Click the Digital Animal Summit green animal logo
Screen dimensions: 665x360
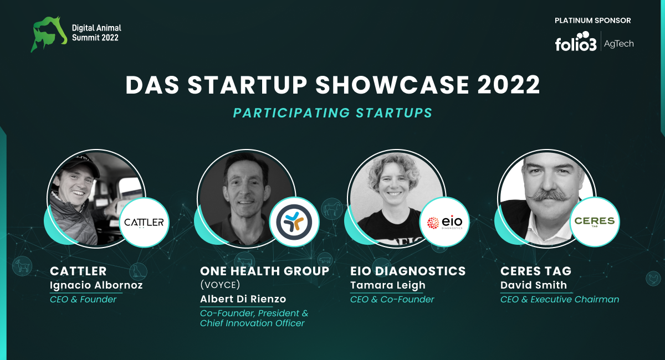pos(48,34)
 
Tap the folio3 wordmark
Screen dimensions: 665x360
pos(576,42)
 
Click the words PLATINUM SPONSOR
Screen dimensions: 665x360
pos(592,20)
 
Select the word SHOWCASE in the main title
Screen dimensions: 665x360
pos(392,85)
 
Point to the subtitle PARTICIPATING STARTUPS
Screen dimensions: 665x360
pos(332,113)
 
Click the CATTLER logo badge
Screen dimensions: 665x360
pos(144,222)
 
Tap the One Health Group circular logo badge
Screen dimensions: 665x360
pos(294,222)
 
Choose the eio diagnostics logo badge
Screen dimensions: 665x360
pos(444,222)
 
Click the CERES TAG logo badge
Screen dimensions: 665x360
pos(595,222)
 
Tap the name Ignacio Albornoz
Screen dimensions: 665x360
pos(96,285)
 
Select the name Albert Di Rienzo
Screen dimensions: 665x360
pos(243,299)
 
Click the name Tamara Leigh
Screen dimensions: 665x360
pos(388,285)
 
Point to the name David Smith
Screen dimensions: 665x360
pos(534,285)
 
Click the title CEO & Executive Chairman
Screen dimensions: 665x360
pos(560,299)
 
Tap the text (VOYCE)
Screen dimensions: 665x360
pos(220,285)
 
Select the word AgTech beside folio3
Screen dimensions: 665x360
pos(618,44)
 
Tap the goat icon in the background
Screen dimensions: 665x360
pos(22,266)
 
